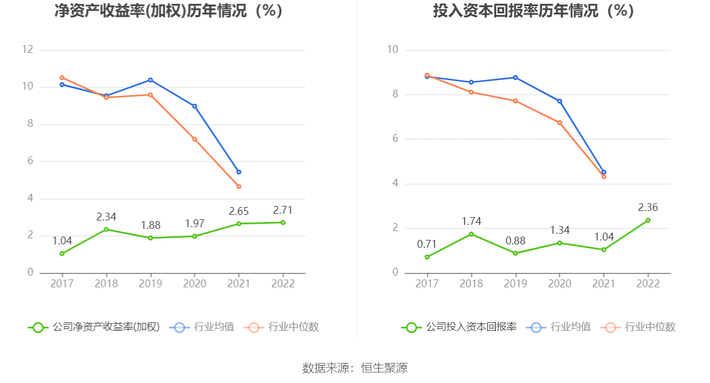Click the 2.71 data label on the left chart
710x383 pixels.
pos(282,210)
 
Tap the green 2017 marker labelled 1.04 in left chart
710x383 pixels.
pos(62,253)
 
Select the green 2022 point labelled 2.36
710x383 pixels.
pos(648,220)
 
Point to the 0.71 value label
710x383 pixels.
pos(427,244)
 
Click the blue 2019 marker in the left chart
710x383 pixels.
pos(150,80)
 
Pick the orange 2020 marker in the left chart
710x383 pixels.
pos(194,139)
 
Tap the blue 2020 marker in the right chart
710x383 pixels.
pos(560,101)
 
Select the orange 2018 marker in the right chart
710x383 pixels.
pos(471,92)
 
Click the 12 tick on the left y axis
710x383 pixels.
pos(27,50)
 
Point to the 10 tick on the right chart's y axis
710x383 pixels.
pos(393,50)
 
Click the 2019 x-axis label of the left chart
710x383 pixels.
pos(150,283)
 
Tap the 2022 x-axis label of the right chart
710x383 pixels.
pos(648,283)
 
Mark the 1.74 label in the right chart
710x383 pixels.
pos(471,222)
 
